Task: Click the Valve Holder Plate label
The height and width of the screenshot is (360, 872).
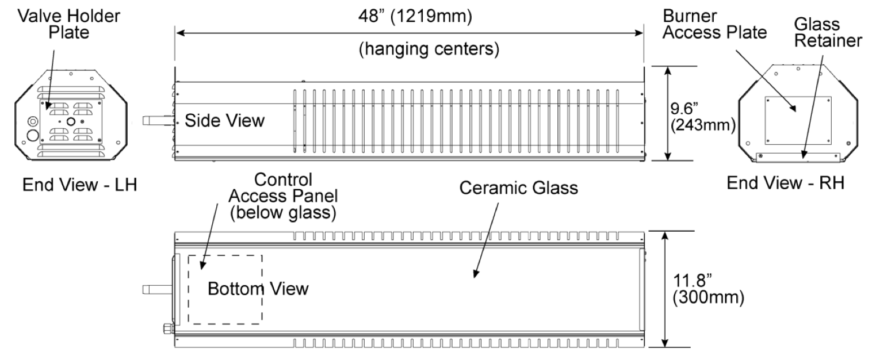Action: pyautogui.click(x=69, y=24)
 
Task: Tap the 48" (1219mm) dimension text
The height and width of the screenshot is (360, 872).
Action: pyautogui.click(x=415, y=16)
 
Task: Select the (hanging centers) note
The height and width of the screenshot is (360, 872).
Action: pyautogui.click(x=429, y=49)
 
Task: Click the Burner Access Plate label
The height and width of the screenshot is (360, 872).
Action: pyautogui.click(x=714, y=24)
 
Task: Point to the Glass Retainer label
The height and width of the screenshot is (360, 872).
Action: pyautogui.click(x=828, y=33)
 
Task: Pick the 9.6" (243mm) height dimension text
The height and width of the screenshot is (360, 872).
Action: pyautogui.click(x=703, y=117)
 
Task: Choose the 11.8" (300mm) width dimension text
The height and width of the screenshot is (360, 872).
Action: pyautogui.click(x=708, y=289)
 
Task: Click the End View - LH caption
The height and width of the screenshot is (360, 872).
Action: pyautogui.click(x=80, y=185)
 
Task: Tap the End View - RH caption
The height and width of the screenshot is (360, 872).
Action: pyautogui.click(x=786, y=183)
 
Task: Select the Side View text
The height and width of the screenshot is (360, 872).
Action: pyautogui.click(x=224, y=121)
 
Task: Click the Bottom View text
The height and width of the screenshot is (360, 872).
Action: pyautogui.click(x=258, y=289)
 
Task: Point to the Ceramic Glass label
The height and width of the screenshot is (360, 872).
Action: pyautogui.click(x=518, y=188)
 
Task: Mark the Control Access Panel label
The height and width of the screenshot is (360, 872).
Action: pyautogui.click(x=283, y=196)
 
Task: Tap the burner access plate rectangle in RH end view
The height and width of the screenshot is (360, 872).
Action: pyautogui.click(x=798, y=97)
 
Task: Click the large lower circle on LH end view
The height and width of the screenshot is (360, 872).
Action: pyautogui.click(x=33, y=136)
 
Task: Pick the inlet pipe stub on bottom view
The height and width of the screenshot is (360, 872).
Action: pyautogui.click(x=157, y=290)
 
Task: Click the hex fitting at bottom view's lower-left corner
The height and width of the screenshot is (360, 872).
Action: pyautogui.click(x=169, y=329)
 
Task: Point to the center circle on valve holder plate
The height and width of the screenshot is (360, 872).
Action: pyautogui.click(x=71, y=122)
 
